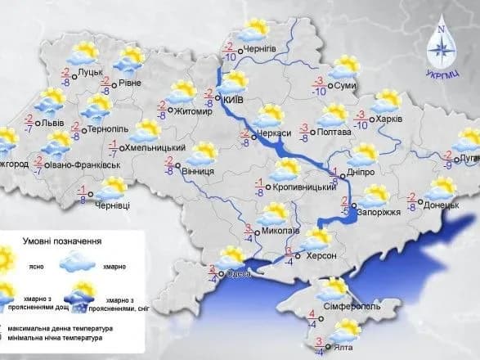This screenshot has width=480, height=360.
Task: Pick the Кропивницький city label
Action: coord(304,188)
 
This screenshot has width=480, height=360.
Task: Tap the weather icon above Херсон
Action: coord(315,239)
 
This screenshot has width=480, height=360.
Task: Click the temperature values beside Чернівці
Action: coord(82,194)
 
